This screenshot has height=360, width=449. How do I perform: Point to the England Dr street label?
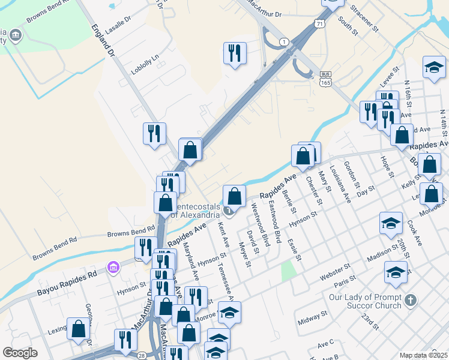pyautogui.click(x=103, y=41)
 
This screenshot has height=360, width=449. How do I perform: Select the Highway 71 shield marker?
pyautogui.click(x=319, y=23)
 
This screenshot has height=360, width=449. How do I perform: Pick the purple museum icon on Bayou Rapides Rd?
pyautogui.click(x=112, y=267)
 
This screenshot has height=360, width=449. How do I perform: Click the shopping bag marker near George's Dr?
pyautogui.click(x=78, y=328)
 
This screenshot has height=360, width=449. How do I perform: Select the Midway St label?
pyautogui.click(x=312, y=317)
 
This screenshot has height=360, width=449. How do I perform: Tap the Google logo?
pyautogui.click(x=20, y=353)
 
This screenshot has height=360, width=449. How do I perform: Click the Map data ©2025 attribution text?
pyautogui.click(x=423, y=355)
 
